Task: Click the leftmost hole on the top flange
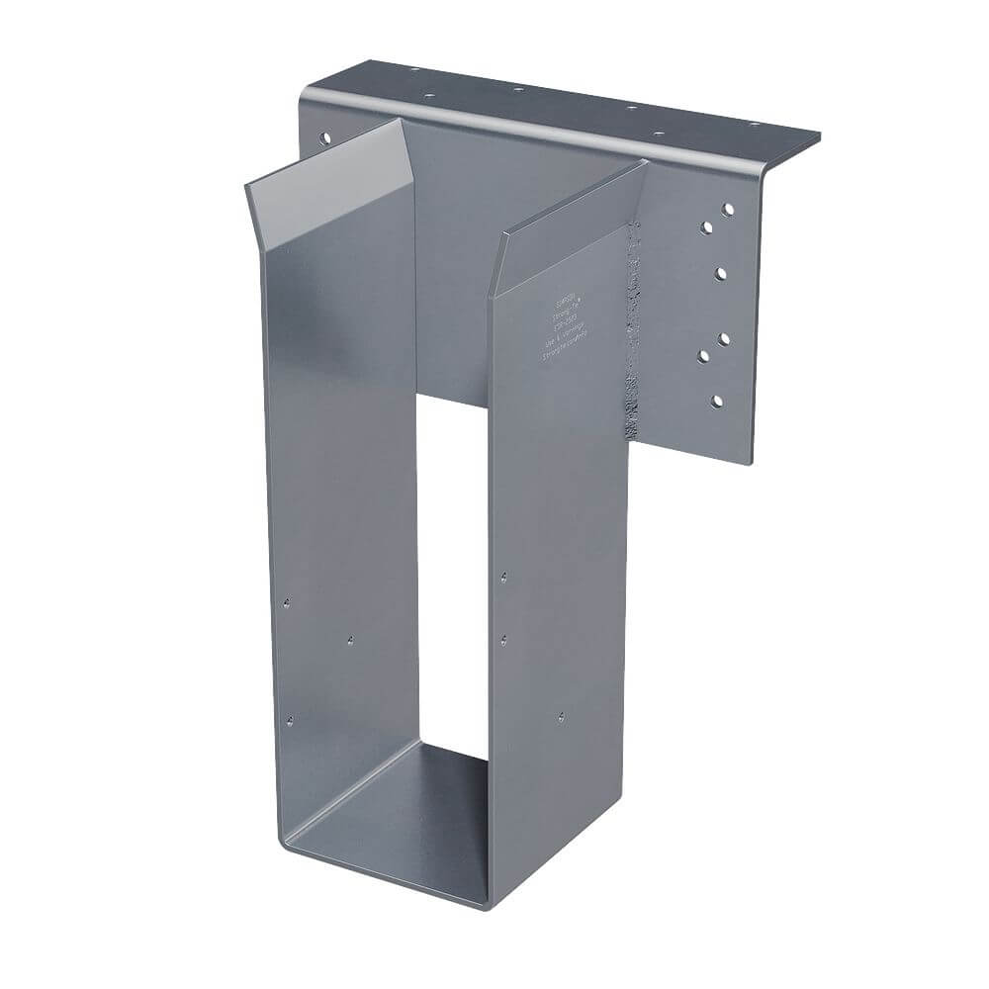pyautogui.click(x=414, y=70)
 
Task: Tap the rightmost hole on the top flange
pyautogui.click(x=755, y=125)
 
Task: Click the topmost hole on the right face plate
pyautogui.click(x=728, y=210)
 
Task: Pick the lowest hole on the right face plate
pyautogui.click(x=717, y=401)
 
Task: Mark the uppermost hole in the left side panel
pyautogui.click(x=286, y=601)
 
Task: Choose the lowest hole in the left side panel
pyautogui.click(x=289, y=720)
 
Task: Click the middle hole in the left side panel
pyautogui.click(x=351, y=640)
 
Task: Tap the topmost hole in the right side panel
pyautogui.click(x=503, y=576)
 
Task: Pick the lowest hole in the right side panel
pyautogui.click(x=562, y=717)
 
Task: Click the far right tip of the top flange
pyautogui.click(x=819, y=136)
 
